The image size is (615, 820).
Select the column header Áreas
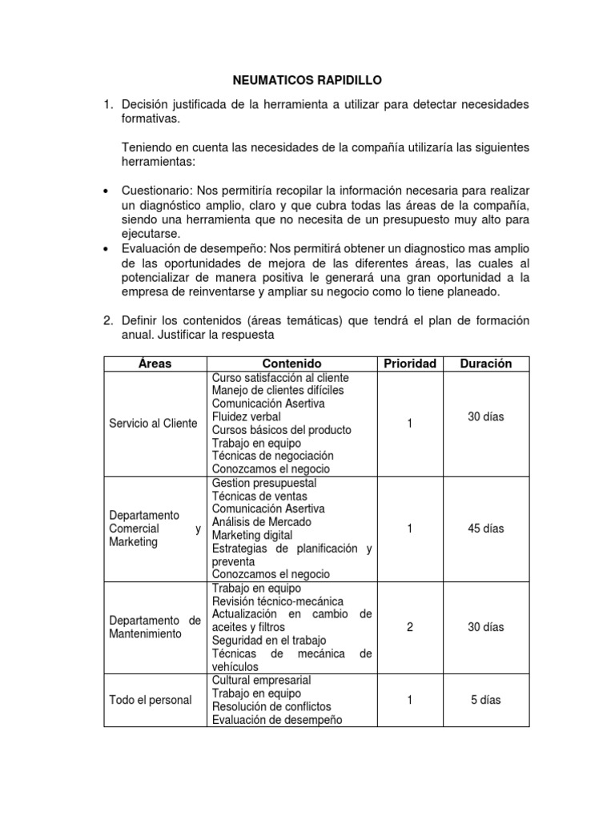click(155, 364)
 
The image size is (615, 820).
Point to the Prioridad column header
click(409, 364)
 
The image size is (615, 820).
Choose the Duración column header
click(485, 364)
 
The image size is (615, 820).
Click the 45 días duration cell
click(486, 529)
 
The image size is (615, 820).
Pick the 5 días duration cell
click(486, 699)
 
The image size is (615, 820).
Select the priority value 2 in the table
click(409, 627)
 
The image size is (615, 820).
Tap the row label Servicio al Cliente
click(153, 423)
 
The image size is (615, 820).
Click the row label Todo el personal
click(151, 700)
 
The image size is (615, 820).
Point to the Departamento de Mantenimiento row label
click(155, 627)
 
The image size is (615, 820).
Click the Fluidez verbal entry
click(247, 417)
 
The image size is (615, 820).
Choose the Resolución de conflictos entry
click(271, 706)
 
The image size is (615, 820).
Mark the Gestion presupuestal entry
click(264, 483)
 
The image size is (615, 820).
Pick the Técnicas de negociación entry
click(273, 456)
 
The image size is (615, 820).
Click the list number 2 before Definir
click(107, 320)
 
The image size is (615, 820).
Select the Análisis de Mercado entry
click(261, 522)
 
